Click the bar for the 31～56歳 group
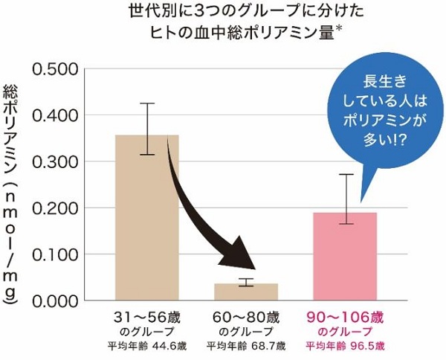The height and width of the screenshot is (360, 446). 147,223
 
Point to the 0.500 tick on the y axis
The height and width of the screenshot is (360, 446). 56,69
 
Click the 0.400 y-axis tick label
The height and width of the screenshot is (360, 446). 56,115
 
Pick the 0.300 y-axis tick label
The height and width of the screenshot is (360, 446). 56,161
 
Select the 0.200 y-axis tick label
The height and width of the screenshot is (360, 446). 56,208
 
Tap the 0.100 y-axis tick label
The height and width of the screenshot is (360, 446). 56,254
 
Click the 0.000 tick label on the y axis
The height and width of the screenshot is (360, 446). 56,300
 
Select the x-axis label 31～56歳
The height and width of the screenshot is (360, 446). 147,317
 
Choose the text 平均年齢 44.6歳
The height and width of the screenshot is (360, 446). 147,345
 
